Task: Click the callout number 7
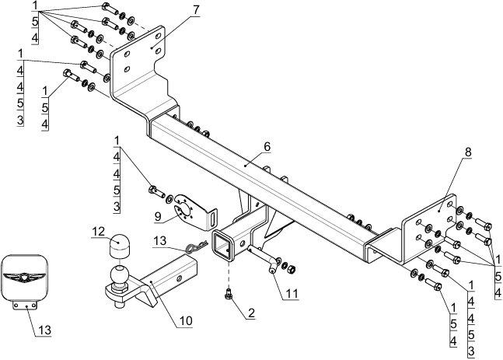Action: [196, 10]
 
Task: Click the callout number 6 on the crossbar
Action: [267, 147]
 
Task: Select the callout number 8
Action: [468, 152]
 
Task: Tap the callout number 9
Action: [158, 216]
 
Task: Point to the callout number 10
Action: [186, 320]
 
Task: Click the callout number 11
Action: [292, 293]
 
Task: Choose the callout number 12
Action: [99, 232]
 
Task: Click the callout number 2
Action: [251, 313]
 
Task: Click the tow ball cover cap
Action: [119, 246]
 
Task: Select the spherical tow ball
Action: [120, 275]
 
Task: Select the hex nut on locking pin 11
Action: [291, 269]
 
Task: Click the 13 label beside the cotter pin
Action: [159, 240]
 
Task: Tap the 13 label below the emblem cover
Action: [44, 330]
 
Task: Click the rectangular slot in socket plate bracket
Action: [213, 219]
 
